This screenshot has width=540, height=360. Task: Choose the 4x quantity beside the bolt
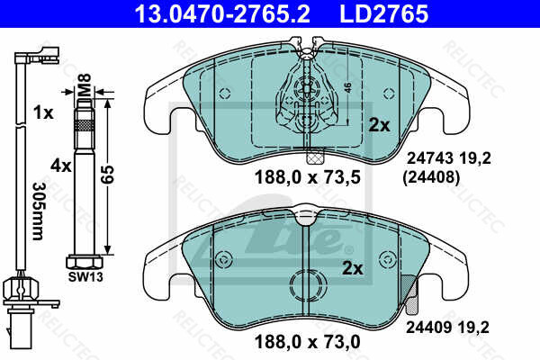tap(61, 166)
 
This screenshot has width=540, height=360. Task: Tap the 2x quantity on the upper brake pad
tap(380, 126)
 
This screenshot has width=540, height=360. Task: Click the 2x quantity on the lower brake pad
tap(353, 268)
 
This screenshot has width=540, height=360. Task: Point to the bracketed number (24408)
tap(428, 177)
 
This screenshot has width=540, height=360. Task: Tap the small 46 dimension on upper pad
tap(347, 88)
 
